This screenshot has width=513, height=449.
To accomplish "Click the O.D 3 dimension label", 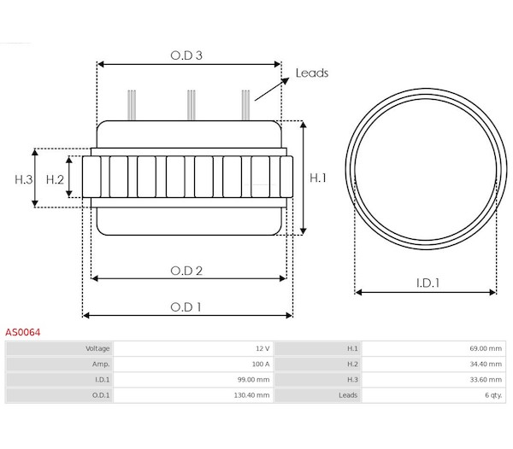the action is pyautogui.click(x=186, y=55).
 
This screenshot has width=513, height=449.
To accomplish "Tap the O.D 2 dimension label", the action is pyautogui.click(x=186, y=271).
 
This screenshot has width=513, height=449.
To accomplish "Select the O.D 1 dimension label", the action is pyautogui.click(x=186, y=307).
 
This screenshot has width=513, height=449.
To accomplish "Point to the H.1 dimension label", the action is pyautogui.click(x=318, y=178).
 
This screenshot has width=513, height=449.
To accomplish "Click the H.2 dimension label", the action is pyautogui.click(x=55, y=179).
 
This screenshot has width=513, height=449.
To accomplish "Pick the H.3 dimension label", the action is pyautogui.click(x=24, y=179).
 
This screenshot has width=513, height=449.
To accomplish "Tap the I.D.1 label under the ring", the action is pyautogui.click(x=427, y=283).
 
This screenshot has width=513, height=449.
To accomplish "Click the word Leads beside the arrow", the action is pyautogui.click(x=312, y=73).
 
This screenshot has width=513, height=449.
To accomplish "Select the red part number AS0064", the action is pyautogui.click(x=22, y=332).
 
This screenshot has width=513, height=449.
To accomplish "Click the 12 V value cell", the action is pyautogui.click(x=193, y=348).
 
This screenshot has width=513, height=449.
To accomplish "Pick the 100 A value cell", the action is pyautogui.click(x=193, y=364).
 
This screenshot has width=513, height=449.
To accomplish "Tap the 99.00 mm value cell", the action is pyautogui.click(x=193, y=380).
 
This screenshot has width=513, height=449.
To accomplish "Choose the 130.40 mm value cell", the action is pyautogui.click(x=193, y=395).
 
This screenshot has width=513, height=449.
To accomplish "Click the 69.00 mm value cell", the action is pyautogui.click(x=433, y=348).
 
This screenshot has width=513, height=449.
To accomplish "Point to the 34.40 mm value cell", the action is pyautogui.click(x=433, y=364).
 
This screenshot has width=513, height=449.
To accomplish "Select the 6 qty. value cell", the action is pyautogui.click(x=433, y=395).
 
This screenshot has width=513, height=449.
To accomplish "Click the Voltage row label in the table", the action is pyautogui.click(x=97, y=348).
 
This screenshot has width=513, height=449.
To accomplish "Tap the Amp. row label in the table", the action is pyautogui.click(x=101, y=364).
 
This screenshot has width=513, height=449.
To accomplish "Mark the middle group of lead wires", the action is pyautogui.click(x=192, y=105).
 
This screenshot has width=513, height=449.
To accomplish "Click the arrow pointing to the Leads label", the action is pyautogui.click(x=272, y=89).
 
